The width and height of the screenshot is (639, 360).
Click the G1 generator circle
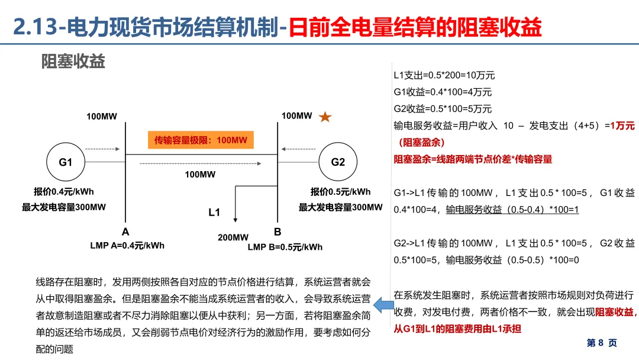click(x=65, y=162)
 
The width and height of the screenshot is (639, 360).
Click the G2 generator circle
click(x=338, y=162)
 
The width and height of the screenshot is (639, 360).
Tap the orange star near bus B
click(x=325, y=117)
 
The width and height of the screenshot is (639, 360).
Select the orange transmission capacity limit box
click(x=201, y=140)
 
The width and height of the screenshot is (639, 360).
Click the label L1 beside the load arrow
click(x=214, y=212)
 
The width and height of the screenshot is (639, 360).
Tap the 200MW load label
click(x=233, y=237)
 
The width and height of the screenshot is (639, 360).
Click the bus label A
click(x=125, y=232)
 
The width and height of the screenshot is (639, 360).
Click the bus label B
click(x=277, y=232)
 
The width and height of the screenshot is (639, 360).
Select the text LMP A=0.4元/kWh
click(x=127, y=245)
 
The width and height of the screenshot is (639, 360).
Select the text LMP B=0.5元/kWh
click(x=285, y=247)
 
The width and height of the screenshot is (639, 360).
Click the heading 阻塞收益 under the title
click(x=73, y=61)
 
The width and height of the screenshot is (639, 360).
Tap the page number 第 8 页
click(x=602, y=343)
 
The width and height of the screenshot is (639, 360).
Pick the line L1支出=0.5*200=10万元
click(x=444, y=76)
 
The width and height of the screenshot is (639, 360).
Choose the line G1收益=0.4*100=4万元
click(x=443, y=92)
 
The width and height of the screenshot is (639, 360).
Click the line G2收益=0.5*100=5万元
click(x=443, y=109)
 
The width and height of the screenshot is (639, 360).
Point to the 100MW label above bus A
click(x=102, y=117)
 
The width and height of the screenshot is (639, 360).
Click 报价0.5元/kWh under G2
click(x=341, y=192)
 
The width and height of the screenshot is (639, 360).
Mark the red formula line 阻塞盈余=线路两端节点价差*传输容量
click(x=473, y=159)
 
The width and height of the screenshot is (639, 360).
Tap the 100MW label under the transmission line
click(x=200, y=175)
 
